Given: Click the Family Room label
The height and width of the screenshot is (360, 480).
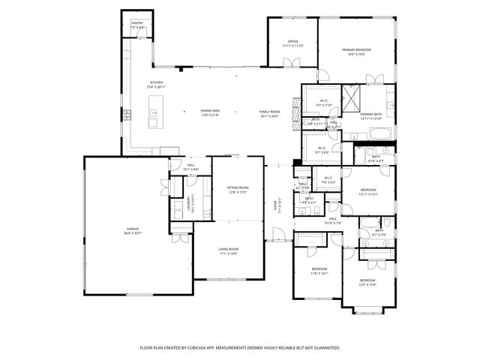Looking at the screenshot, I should click(x=268, y=112).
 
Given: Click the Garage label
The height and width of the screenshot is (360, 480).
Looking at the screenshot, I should click(x=132, y=230).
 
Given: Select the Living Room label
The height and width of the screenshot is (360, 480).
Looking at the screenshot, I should click(x=228, y=250).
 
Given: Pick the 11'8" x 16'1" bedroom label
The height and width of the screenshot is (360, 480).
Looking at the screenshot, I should click(x=319, y=270).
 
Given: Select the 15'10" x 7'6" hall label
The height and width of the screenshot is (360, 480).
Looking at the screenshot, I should click(x=332, y=220).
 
